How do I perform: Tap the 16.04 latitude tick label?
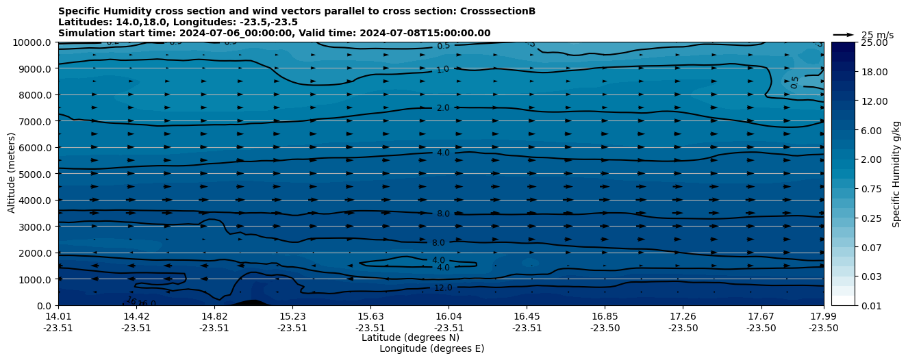(x=449, y=316)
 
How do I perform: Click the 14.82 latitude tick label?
(x=214, y=316)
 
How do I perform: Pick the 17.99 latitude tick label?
(x=824, y=316)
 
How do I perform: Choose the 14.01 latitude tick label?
(x=58, y=316)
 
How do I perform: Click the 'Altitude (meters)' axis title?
(x=12, y=174)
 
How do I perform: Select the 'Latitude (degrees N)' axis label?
(x=410, y=337)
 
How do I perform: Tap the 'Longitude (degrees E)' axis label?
(x=431, y=348)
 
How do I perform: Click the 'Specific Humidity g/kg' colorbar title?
(x=896, y=174)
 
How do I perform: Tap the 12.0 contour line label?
(x=443, y=288)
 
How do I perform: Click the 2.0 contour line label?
(x=443, y=108)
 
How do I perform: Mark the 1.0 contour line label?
(x=443, y=69)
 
